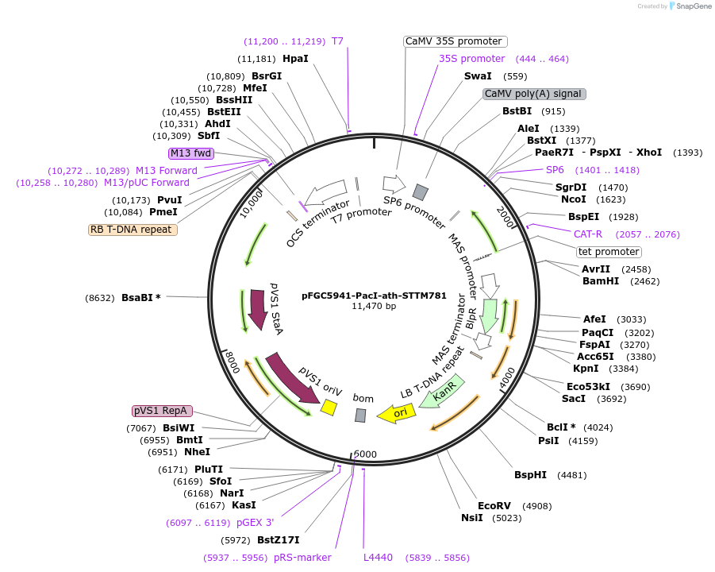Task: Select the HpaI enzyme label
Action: pos(295,59)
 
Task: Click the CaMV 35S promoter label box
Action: pos(454,41)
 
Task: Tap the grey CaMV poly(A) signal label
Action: pos(534,94)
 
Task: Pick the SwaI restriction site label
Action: pos(478,76)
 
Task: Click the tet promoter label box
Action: pos(609,252)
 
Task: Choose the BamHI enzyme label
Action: pos(600,280)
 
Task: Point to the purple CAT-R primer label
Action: pos(588,234)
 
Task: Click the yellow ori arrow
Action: pos(396,413)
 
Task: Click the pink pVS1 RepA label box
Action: pos(161,411)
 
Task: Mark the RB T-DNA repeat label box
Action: pos(133,230)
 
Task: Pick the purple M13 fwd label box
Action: pos(190,153)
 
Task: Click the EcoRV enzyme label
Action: pos(494,505)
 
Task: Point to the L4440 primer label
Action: pos(378,558)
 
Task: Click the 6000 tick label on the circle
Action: pos(366,454)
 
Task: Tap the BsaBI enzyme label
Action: pos(140,298)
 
